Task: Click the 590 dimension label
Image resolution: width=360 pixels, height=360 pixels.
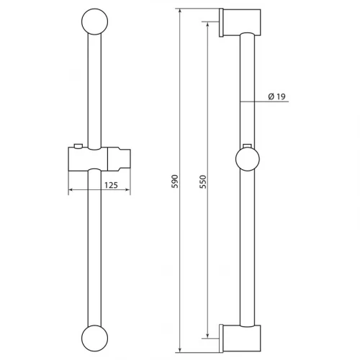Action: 176,181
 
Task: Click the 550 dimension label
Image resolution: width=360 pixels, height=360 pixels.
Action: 203,182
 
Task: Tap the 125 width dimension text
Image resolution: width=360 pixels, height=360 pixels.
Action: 111,185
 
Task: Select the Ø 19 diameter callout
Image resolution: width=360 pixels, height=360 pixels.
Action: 276,96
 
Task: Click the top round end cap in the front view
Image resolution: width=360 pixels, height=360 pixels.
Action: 95,22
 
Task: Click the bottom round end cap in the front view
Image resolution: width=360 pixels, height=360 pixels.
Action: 95,338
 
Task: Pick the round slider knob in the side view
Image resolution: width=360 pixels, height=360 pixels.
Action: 248,159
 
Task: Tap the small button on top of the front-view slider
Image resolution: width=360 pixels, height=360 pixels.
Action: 78,146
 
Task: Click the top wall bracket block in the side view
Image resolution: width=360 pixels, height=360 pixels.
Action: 242,22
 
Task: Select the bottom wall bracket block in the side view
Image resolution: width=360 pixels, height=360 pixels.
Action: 242,338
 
